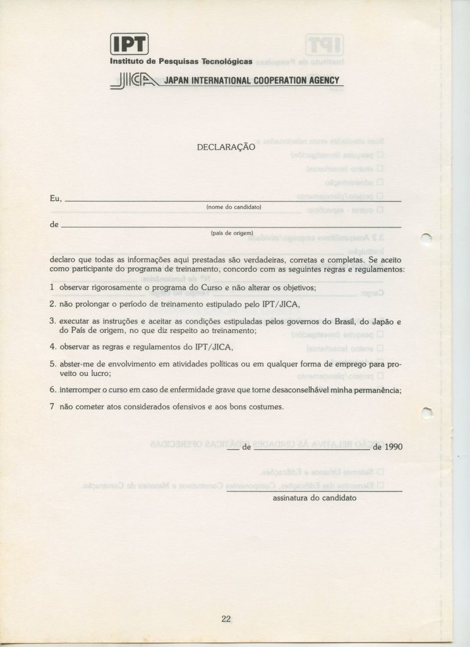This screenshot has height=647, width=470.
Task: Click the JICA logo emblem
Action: tap(135, 81)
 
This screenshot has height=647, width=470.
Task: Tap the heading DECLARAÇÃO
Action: tap(226, 147)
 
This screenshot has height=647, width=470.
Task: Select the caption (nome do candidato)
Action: tap(234, 207)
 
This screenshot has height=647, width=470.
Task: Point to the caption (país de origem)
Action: tap(232, 233)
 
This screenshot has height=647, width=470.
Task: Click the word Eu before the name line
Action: tap(54, 198)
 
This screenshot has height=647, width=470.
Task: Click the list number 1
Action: tap(51, 287)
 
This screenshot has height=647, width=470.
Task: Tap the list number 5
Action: tap(52, 364)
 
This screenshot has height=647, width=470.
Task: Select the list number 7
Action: tap(52, 407)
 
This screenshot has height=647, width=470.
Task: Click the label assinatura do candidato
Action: tap(314, 498)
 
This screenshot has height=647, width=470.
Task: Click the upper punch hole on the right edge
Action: tap(425, 238)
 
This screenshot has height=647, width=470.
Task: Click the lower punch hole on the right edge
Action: tap(426, 412)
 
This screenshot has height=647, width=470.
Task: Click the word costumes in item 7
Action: tap(263, 407)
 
